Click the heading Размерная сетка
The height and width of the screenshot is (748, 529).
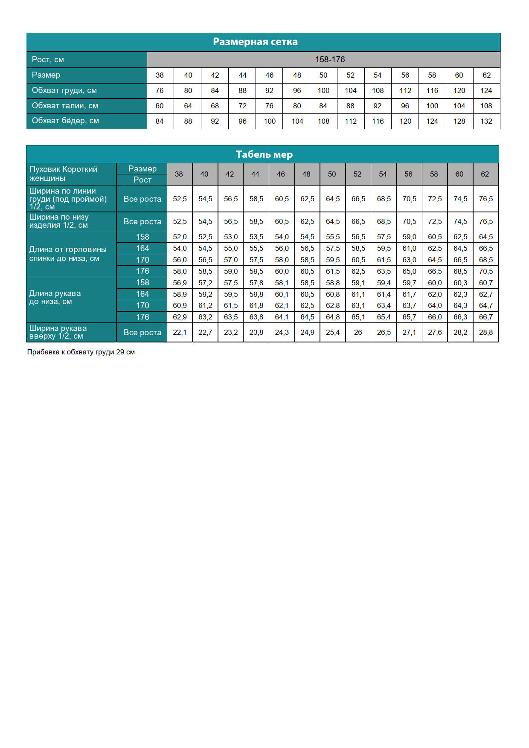pyautogui.click(x=255, y=42)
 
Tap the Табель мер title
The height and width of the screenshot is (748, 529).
pyautogui.click(x=264, y=154)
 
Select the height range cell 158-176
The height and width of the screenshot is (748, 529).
pyautogui.click(x=330, y=60)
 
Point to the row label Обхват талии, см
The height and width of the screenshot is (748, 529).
pyautogui.click(x=65, y=106)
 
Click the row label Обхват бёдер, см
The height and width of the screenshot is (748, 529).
pyautogui.click(x=65, y=121)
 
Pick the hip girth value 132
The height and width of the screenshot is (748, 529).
pyautogui.click(x=486, y=121)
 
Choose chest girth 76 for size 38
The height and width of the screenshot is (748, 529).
pyautogui.click(x=160, y=90)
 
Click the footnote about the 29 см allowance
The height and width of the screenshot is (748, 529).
pyautogui.click(x=81, y=352)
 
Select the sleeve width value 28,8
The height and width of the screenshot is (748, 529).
pyautogui.click(x=485, y=333)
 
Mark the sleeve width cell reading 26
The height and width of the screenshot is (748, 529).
pyautogui.click(x=358, y=333)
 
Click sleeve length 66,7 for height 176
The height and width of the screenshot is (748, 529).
pyautogui.click(x=485, y=317)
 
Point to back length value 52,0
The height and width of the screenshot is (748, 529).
pyautogui.click(x=180, y=237)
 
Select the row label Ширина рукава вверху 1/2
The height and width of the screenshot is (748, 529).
pyautogui.click(x=58, y=332)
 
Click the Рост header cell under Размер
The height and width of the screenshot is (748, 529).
pyautogui.click(x=142, y=180)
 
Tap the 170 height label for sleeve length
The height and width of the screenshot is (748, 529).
pyautogui.click(x=142, y=305)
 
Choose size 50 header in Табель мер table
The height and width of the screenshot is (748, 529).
pyautogui.click(x=332, y=174)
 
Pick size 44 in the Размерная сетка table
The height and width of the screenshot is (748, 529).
pyautogui.click(x=242, y=75)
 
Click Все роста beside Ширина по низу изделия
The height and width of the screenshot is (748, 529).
pyautogui.click(x=142, y=222)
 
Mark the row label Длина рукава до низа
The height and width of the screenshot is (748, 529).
pyautogui.click(x=55, y=297)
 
